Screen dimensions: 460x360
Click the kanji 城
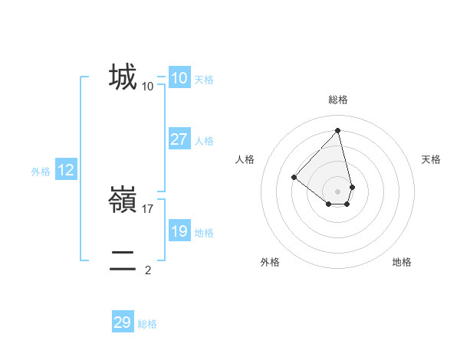pos(123,77)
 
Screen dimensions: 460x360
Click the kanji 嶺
pos(123,200)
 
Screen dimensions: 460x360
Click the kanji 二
pos(123,261)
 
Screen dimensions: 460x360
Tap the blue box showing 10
pos(179,78)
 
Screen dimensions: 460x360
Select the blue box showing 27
pos(179,139)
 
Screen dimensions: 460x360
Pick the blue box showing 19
pos(179,231)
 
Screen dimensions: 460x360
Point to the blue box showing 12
pos(65,170)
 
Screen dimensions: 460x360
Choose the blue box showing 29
pos(122,322)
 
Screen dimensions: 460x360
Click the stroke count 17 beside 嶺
pos(148,208)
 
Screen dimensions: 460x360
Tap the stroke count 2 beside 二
pos(148,270)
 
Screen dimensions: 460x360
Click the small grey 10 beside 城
pos(148,86)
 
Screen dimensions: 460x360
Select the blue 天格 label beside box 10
pos(204,80)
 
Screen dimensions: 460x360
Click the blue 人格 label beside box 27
pos(204,141)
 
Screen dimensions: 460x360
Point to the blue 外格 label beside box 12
pos(41,172)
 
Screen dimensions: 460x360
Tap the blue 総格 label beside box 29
pos(147,324)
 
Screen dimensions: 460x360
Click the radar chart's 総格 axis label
pos(337,100)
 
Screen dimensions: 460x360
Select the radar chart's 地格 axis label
pos(402,262)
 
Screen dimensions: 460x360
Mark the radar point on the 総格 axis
pos(337,130)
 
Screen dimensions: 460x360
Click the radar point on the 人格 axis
pos(294,177)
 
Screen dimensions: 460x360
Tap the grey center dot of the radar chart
pos(337,191)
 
